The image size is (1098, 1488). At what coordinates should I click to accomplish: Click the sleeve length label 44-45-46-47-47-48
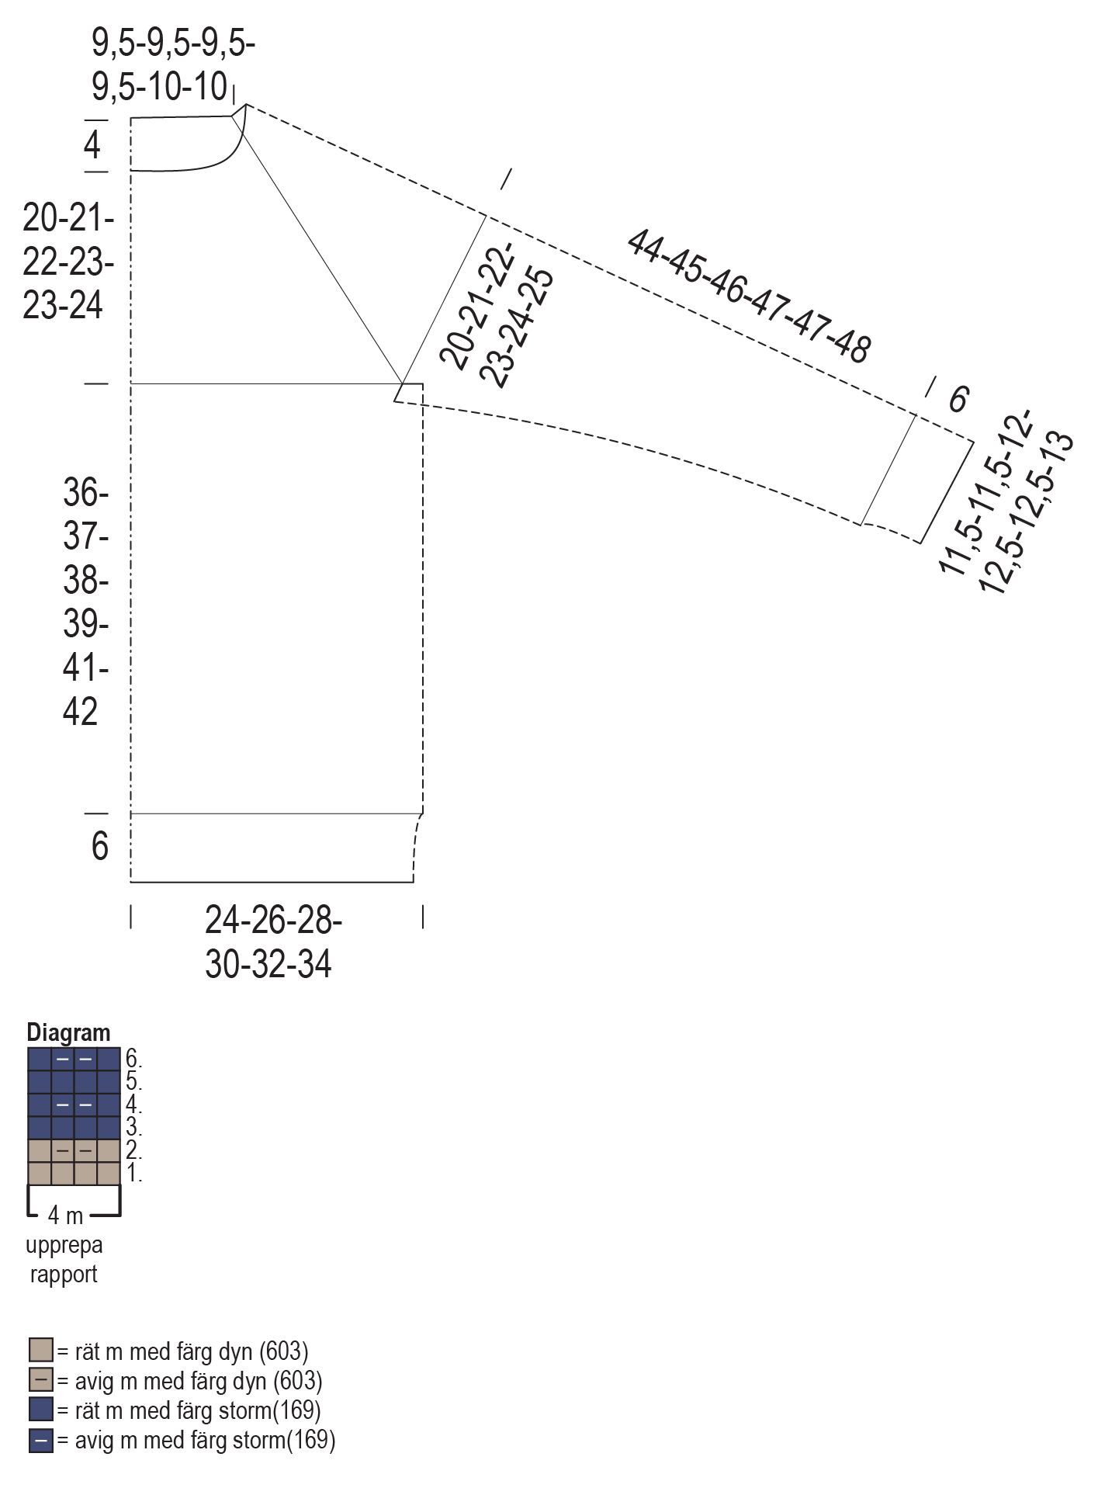click(748, 296)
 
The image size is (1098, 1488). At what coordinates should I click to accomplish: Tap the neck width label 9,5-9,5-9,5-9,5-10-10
click(172, 65)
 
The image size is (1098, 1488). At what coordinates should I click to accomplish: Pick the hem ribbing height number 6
click(100, 846)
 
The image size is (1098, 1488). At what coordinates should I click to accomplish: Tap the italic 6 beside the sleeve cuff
click(958, 399)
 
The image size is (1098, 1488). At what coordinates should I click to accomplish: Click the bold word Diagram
click(68, 1032)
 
